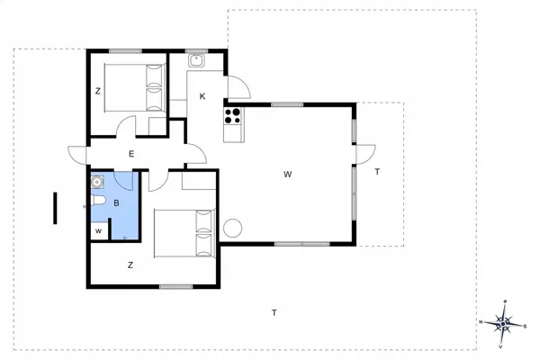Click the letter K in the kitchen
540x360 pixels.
[x=202, y=96]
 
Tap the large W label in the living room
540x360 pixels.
[x=287, y=174]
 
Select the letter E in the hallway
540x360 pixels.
[x=131, y=155]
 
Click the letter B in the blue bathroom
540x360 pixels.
[x=116, y=203]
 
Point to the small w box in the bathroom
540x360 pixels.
[x=98, y=231]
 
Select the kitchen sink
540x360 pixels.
[x=197, y=61]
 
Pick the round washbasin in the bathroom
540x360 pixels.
[x=97, y=182]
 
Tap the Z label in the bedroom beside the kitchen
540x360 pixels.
[x=97, y=91]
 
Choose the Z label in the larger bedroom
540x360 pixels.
[x=130, y=265]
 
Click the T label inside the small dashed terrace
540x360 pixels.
[x=377, y=171]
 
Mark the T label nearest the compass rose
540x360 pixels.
[x=274, y=312]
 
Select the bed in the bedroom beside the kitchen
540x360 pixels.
[x=134, y=86]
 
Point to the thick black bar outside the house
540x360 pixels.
[x=56, y=208]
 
